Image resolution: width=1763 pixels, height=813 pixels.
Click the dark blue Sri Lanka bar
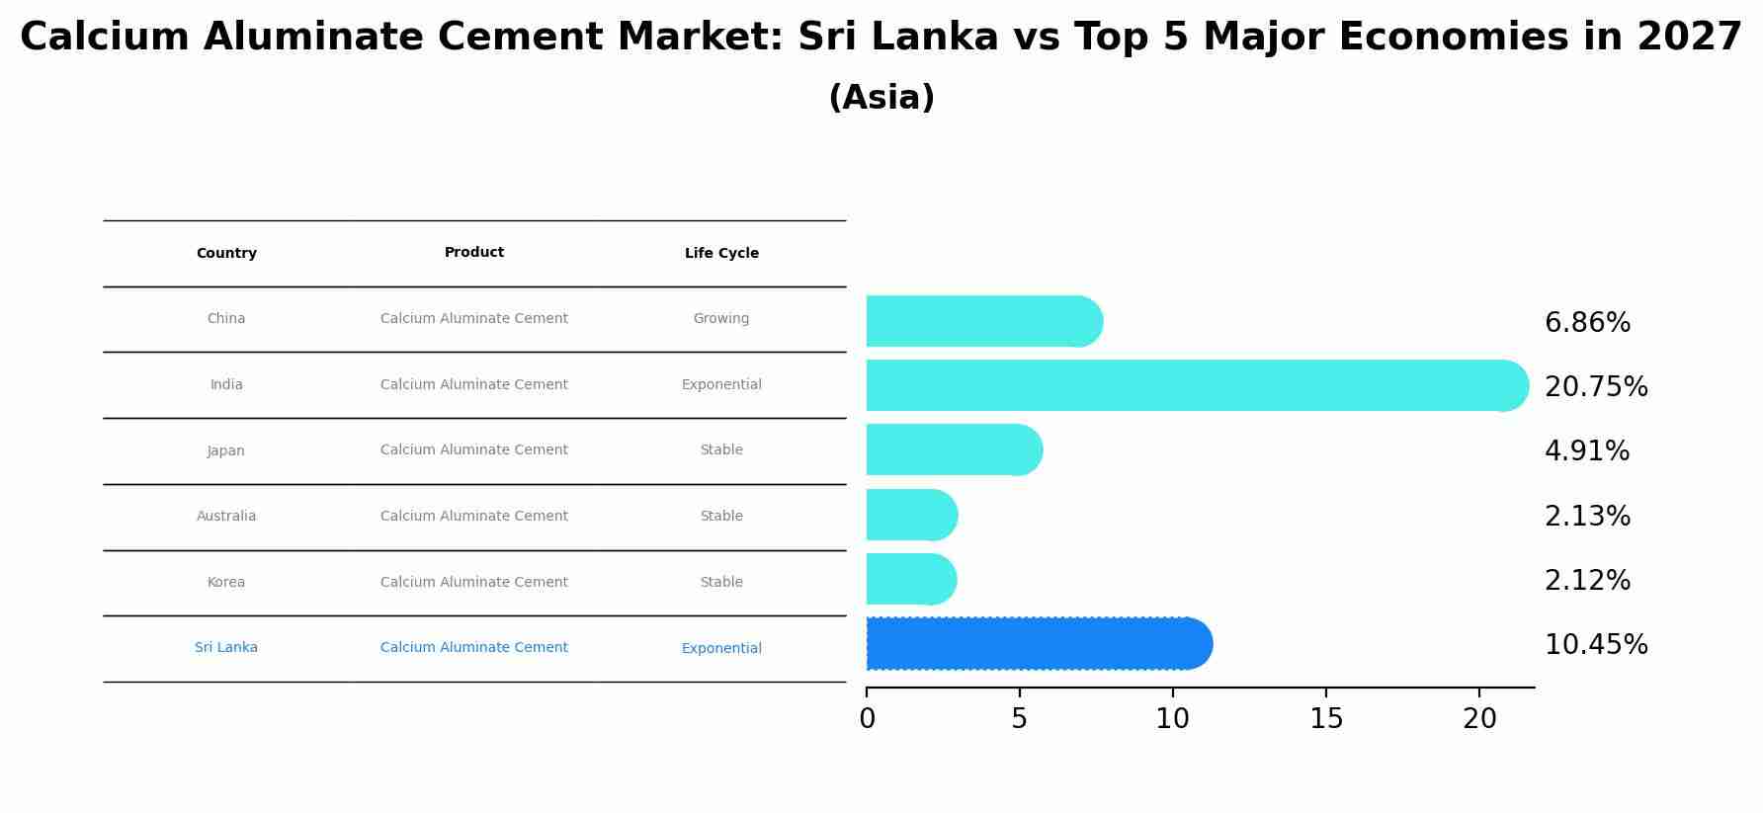(x=1038, y=644)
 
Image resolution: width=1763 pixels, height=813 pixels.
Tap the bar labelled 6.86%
(x=983, y=321)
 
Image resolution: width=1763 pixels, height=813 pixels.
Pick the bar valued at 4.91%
(x=954, y=449)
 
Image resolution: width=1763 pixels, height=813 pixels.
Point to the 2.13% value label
(x=1587, y=516)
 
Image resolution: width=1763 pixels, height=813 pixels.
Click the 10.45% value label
(x=1596, y=644)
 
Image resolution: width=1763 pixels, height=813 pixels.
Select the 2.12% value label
(x=1587, y=580)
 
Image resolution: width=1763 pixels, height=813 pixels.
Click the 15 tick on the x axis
(x=1326, y=718)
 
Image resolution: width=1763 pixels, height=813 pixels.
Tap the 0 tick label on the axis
(x=867, y=718)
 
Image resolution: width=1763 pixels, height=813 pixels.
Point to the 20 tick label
(x=1479, y=718)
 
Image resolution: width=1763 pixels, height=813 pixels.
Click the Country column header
(x=226, y=253)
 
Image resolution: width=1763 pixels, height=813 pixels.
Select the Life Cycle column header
(x=721, y=253)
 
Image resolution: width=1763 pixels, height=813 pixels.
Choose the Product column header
(x=474, y=252)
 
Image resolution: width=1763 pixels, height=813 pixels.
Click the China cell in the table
(x=226, y=318)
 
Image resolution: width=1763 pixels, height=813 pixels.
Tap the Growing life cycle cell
(x=721, y=318)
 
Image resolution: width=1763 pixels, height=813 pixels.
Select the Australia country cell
(x=226, y=516)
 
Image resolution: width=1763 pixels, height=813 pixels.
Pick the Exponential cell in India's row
(x=721, y=384)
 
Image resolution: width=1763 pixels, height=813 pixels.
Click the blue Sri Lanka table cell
(x=226, y=647)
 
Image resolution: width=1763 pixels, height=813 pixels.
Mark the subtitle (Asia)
(x=881, y=98)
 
